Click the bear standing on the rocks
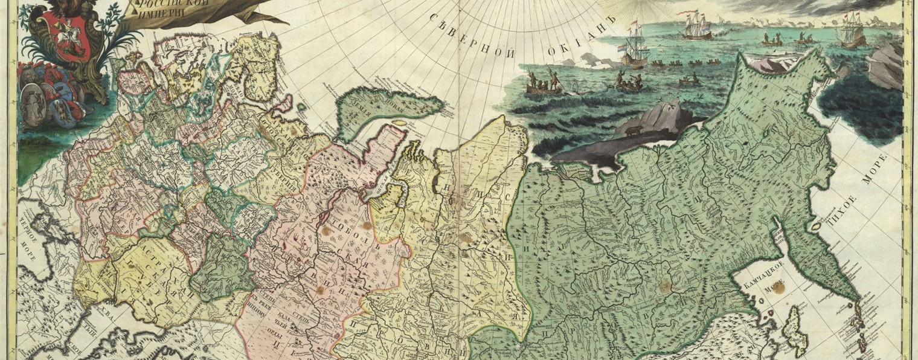[x=633, y=130]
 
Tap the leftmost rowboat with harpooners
[x=544, y=85]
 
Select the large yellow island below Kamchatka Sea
[x=796, y=329]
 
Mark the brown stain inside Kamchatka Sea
[x=778, y=289]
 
